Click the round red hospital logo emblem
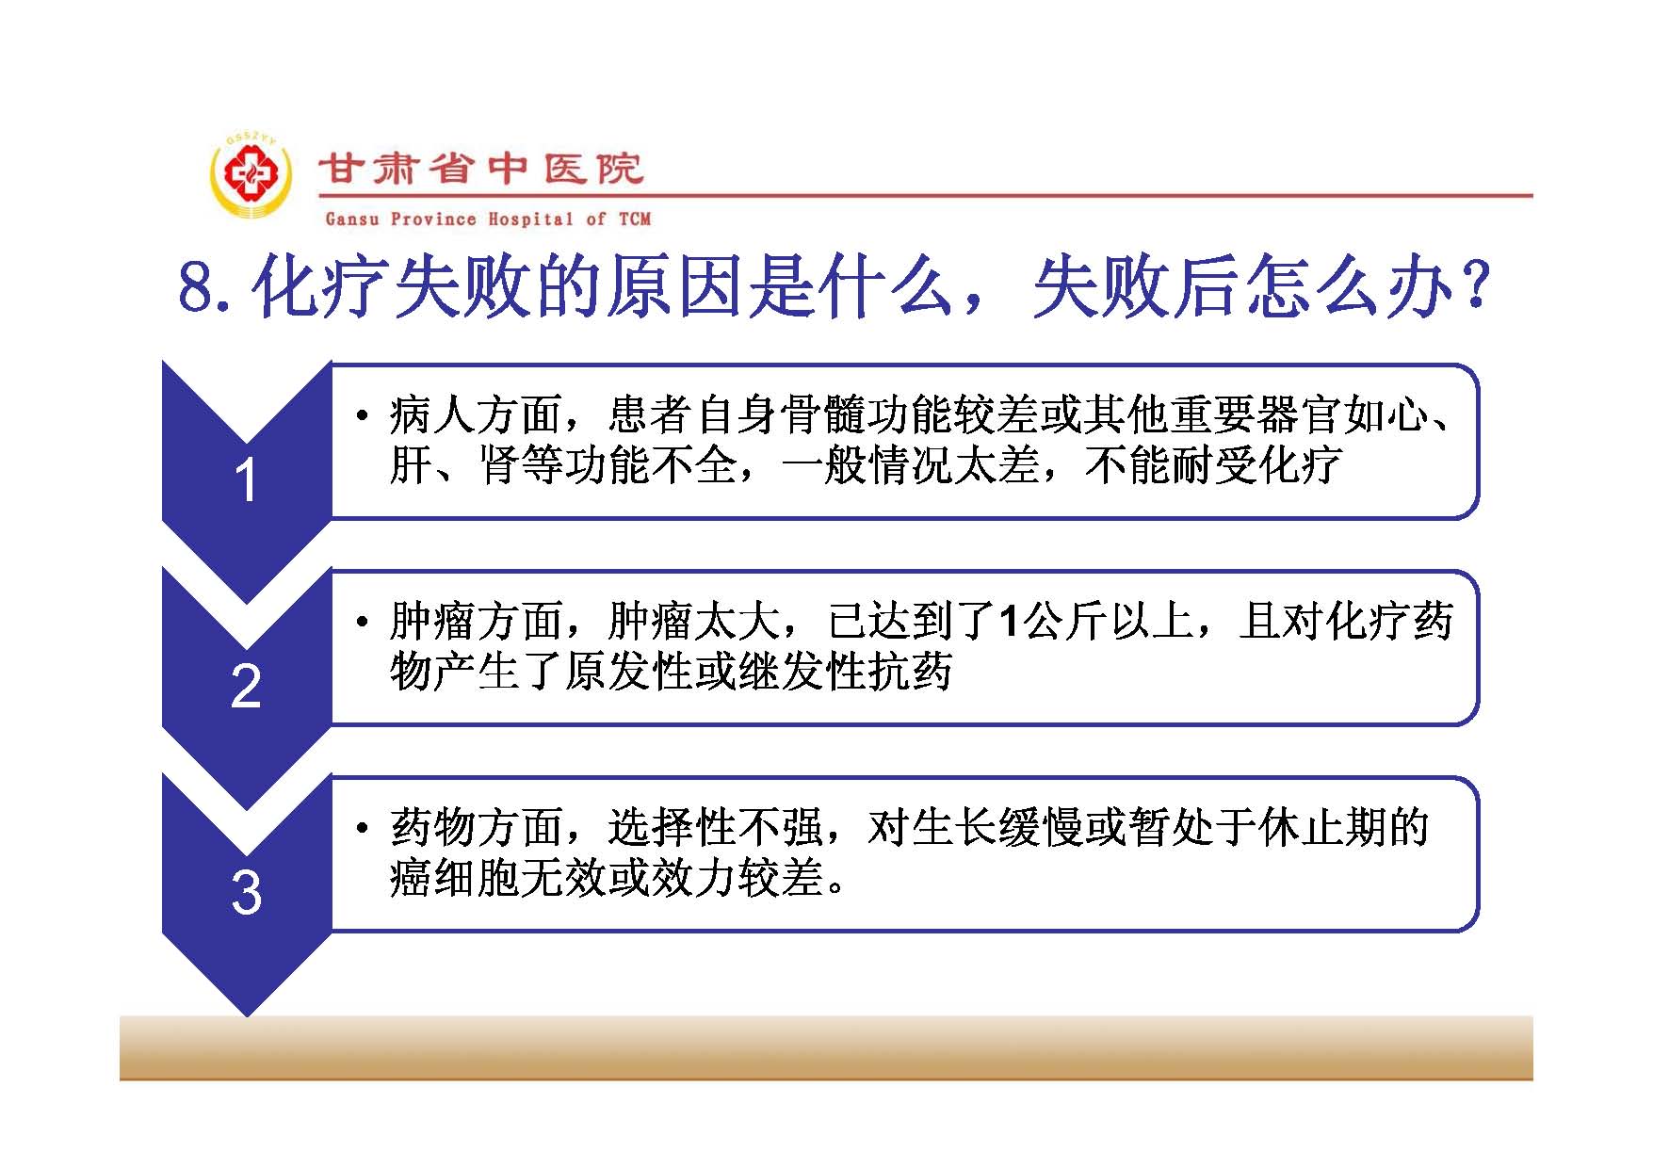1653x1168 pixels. click(x=250, y=177)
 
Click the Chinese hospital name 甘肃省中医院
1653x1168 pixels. click(x=481, y=169)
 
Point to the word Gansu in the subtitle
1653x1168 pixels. click(x=352, y=219)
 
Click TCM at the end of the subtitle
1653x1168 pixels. click(x=635, y=219)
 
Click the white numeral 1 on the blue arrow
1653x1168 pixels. click(x=246, y=480)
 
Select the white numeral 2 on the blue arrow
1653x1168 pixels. click(x=246, y=686)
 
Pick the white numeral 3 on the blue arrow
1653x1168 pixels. click(x=246, y=892)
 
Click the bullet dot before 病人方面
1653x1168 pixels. click(x=362, y=415)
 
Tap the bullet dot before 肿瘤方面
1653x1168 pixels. click(x=362, y=623)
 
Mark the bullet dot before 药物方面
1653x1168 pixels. click(x=362, y=829)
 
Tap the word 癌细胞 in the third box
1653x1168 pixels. click(x=455, y=879)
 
